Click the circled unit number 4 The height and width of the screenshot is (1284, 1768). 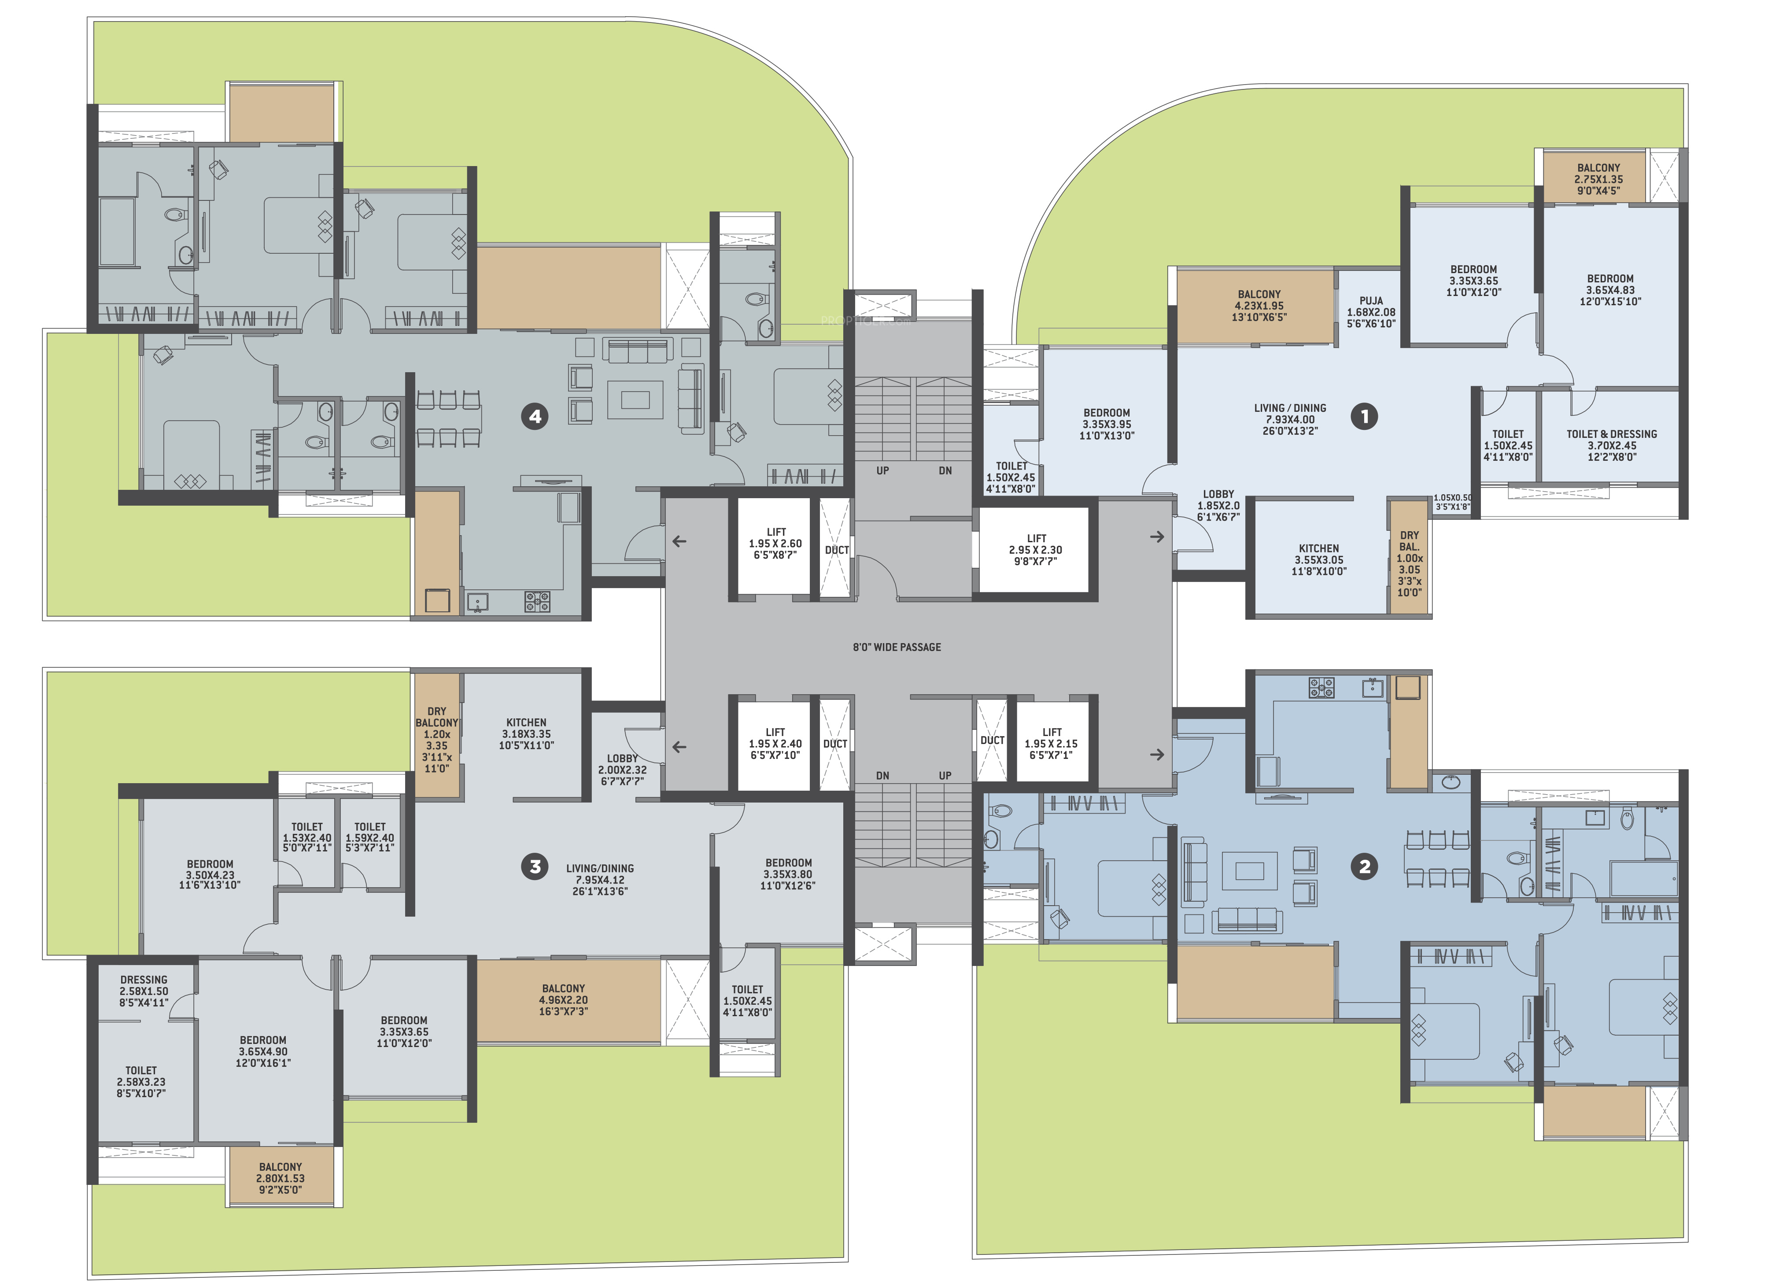click(535, 416)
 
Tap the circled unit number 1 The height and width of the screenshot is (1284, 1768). click(1364, 416)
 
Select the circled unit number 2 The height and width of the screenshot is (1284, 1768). click(1364, 866)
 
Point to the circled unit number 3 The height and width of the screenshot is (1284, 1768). click(535, 866)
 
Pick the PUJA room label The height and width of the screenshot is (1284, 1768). click(1371, 312)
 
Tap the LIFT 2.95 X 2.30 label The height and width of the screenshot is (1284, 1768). click(1036, 550)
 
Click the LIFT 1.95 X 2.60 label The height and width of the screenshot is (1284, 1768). click(775, 544)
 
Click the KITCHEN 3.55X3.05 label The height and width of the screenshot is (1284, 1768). click(1319, 560)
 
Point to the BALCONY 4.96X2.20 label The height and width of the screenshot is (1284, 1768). click(564, 999)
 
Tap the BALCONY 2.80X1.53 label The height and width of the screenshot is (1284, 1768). click(281, 1178)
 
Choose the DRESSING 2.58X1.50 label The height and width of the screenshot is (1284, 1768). click(144, 991)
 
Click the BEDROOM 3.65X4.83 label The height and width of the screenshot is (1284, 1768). click(1610, 290)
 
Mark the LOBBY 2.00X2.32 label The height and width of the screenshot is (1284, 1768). click(622, 770)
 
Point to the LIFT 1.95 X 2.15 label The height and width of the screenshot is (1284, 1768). click(1052, 744)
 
